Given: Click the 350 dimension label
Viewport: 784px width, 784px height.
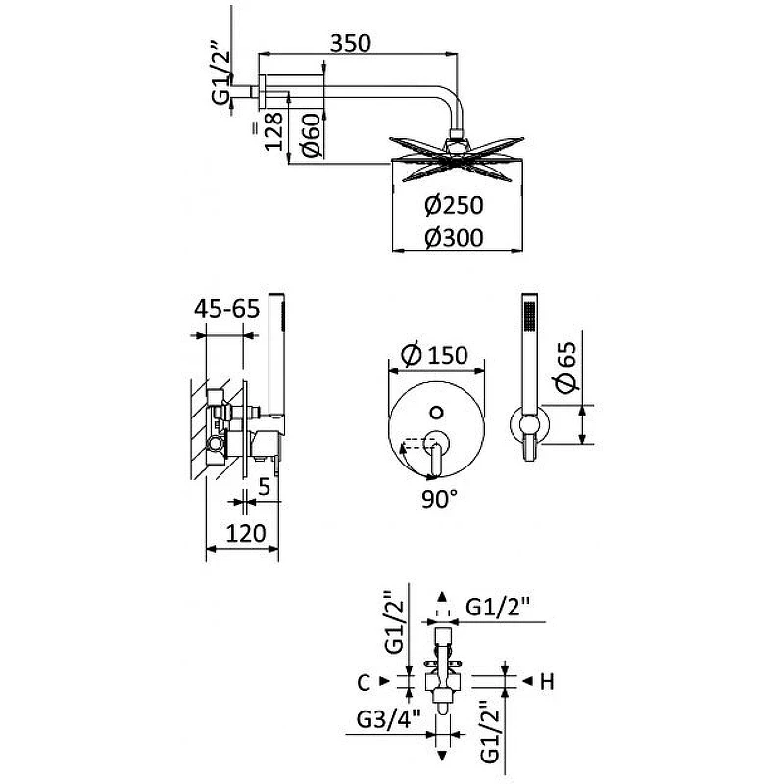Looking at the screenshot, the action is pos(351,43).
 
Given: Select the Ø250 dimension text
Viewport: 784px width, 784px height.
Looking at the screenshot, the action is pos(454,205).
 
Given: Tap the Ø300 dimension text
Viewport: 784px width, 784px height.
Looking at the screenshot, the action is pos(454,238).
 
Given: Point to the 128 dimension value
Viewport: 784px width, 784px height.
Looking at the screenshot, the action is pos(273,131).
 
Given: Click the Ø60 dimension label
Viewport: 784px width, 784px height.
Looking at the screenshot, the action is pos(311,134).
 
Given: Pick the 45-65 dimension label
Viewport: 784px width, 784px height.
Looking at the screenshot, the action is pos(227,308).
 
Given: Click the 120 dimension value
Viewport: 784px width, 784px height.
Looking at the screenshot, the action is pos(246,533).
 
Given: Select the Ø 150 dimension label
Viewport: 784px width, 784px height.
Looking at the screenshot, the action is pos(434,354).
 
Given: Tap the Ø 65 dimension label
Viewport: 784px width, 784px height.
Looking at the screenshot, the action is pos(566,367).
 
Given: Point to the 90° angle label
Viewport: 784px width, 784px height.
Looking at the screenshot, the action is pos(439,499).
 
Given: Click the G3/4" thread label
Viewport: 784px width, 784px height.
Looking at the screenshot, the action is pos(388,720).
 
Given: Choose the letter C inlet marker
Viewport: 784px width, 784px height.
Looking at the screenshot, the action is pos(364,682).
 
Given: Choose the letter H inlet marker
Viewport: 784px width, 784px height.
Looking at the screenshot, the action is pos(548,682).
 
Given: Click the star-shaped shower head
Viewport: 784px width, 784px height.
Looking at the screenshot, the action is pos(457,158).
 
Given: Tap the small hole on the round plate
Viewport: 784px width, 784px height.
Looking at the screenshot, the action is pos(436,413).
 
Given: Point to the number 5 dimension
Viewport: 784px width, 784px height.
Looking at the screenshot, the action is pos(264,486).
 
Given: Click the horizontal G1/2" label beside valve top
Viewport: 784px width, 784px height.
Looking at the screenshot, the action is pos(498,607).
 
